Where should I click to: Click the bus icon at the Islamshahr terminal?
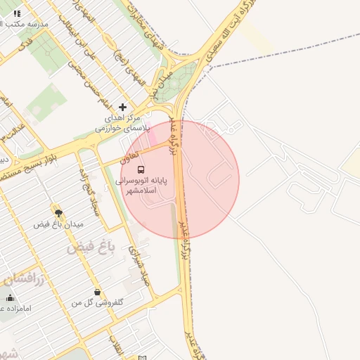[141, 169]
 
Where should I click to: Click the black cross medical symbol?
[123, 107]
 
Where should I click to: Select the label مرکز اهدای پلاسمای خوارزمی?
[123, 124]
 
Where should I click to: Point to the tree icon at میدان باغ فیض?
[58, 211]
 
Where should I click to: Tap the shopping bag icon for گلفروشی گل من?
[97, 292]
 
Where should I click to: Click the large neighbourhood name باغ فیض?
[91, 248]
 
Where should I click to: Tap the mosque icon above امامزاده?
[10, 298]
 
